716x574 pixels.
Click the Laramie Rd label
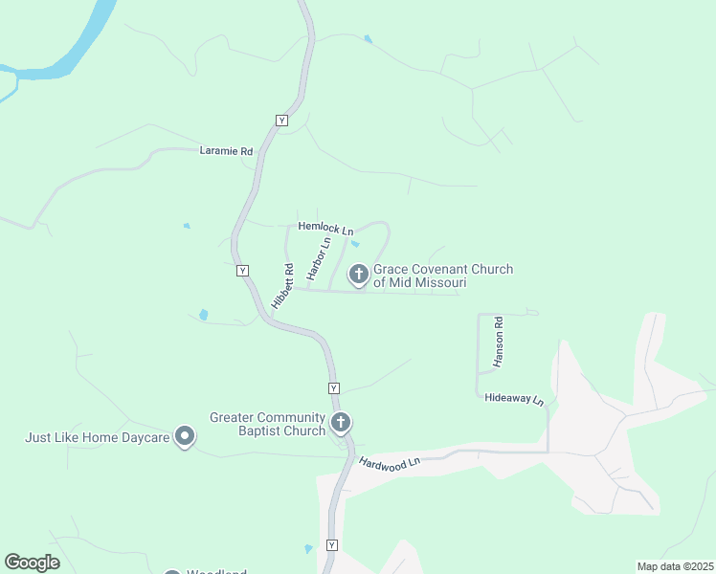pyautogui.click(x=226, y=151)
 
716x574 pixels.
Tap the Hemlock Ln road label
pyautogui.click(x=325, y=229)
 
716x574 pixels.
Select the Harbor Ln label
pyautogui.click(x=319, y=258)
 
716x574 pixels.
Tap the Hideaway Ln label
pyautogui.click(x=513, y=398)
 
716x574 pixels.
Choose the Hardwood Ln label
pyautogui.click(x=391, y=463)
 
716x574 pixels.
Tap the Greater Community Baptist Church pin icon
pyautogui.click(x=340, y=422)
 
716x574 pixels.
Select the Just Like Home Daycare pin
pyautogui.click(x=186, y=437)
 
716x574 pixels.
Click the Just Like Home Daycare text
pyautogui.click(x=98, y=438)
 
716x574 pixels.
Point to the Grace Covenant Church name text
pyautogui.click(x=442, y=276)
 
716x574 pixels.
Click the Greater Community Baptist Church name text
pyautogui.click(x=269, y=423)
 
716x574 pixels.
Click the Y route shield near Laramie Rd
pyautogui.click(x=281, y=120)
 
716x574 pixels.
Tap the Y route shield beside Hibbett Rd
pyautogui.click(x=243, y=271)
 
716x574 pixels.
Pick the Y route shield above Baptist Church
pyautogui.click(x=334, y=387)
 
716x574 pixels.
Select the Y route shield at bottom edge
pyautogui.click(x=332, y=545)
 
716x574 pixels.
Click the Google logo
pyautogui.click(x=33, y=563)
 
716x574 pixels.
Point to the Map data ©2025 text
pyautogui.click(x=675, y=566)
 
